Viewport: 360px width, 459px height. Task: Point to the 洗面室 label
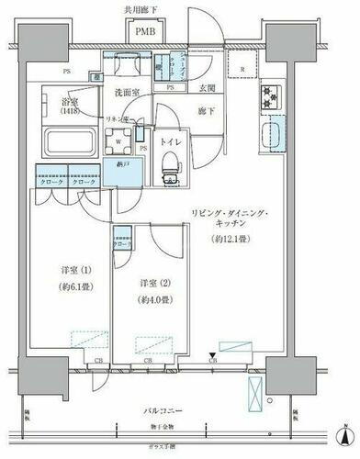tap(128, 93)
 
